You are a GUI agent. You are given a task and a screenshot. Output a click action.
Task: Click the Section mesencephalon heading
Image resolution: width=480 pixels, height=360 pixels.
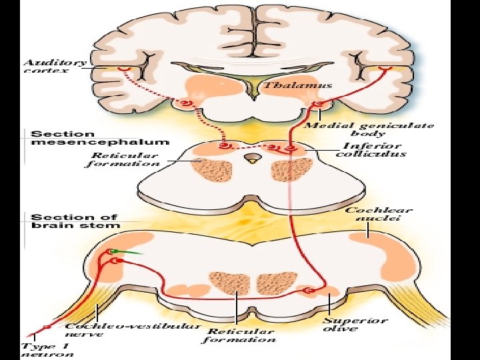click(x=100, y=137)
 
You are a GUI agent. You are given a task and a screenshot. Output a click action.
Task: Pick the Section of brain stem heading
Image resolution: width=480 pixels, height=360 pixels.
click(x=75, y=221)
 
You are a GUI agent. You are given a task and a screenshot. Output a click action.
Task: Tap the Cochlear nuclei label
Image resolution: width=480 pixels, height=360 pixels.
click(x=379, y=214)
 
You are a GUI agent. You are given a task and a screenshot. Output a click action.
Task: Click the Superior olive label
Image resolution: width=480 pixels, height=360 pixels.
click(x=355, y=324)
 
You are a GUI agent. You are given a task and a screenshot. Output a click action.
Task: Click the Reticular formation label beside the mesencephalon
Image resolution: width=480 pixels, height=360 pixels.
click(x=122, y=160)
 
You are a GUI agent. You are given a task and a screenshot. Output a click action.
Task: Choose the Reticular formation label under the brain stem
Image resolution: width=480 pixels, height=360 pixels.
click(x=239, y=335)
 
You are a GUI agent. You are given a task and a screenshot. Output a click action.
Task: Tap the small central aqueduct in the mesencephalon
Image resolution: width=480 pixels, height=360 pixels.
click(x=252, y=159)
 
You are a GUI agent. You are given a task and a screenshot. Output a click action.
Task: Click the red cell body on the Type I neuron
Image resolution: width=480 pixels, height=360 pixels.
click(x=46, y=327)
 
